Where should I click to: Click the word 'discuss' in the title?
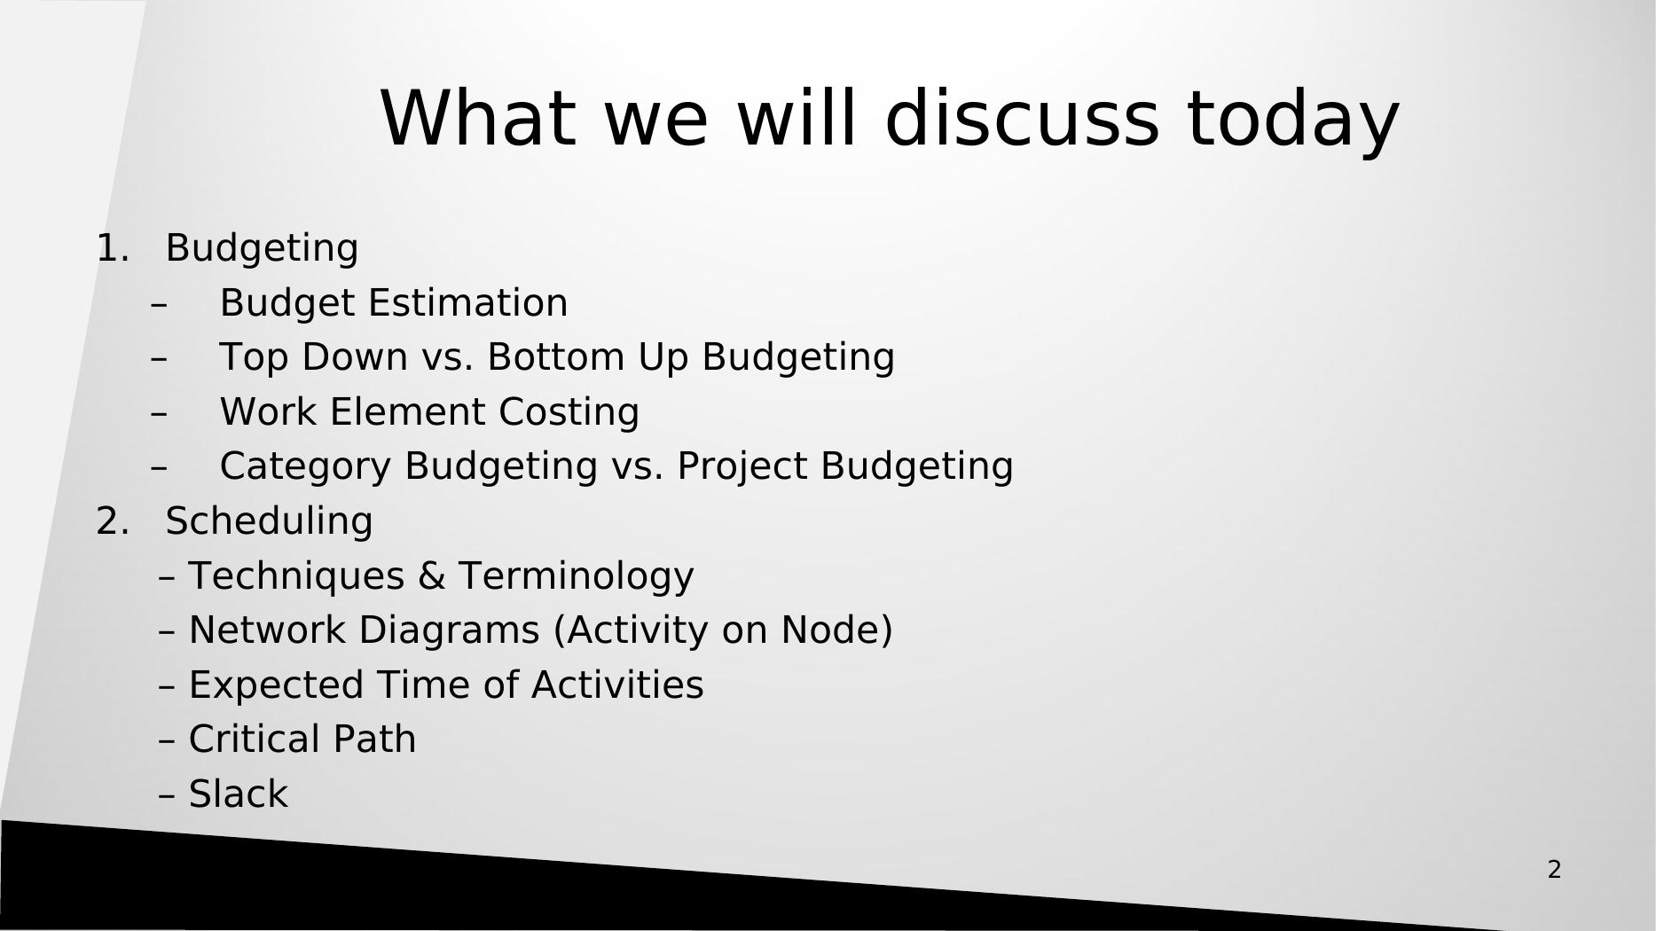click(1022, 118)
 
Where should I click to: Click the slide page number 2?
click(1554, 870)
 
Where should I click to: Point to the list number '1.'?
click(112, 248)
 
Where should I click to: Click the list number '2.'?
click(112, 521)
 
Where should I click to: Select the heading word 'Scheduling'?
click(269, 522)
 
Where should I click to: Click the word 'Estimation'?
click(467, 303)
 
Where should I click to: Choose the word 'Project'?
click(743, 468)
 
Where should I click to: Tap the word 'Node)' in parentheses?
click(836, 631)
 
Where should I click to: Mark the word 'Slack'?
click(239, 794)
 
